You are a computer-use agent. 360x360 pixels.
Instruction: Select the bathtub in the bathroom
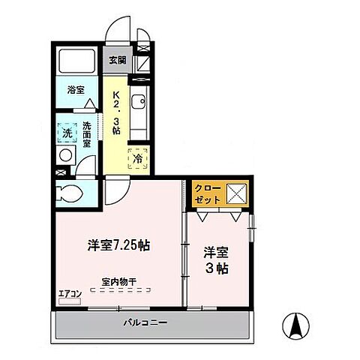coord(77,61)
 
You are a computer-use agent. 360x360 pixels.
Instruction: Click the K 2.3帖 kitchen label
coord(117,112)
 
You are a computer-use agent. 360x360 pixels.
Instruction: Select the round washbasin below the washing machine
coord(65,155)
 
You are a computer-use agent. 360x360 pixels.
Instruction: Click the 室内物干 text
coord(118,281)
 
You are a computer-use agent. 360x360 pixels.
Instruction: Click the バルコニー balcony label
coord(145,323)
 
